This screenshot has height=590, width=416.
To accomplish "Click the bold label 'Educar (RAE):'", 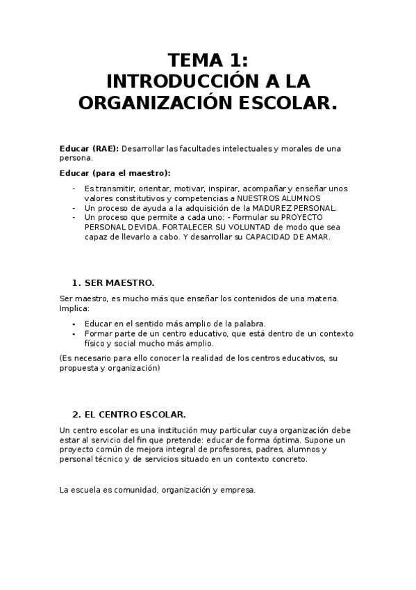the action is tap(90, 148).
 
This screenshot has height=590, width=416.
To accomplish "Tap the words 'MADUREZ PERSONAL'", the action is tap(301, 207).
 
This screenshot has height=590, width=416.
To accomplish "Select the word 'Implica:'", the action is tap(74, 308).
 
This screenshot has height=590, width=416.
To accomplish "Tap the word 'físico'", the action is tap(96, 343).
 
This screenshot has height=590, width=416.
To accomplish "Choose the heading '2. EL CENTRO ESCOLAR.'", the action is tap(128, 414).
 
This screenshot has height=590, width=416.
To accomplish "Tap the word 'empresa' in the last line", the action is tap(240, 490).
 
